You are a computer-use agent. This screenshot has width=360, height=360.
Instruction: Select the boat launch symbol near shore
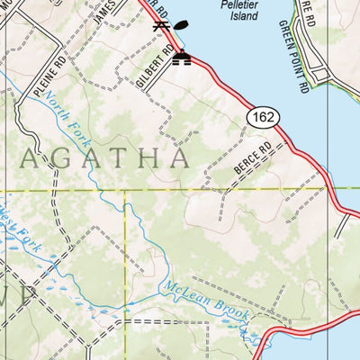(x=183, y=58)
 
